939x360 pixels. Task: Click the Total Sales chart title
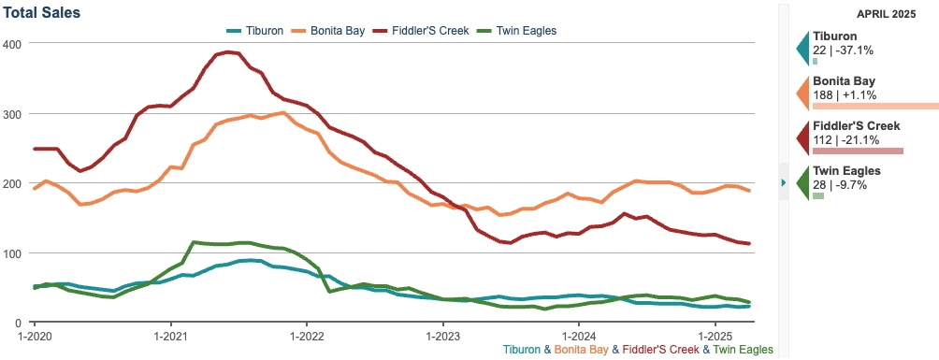click(x=42, y=13)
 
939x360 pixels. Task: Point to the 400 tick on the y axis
click(x=13, y=44)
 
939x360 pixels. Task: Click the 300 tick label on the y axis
click(x=13, y=114)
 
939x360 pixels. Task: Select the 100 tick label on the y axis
click(x=13, y=253)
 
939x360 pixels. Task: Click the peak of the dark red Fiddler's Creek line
click(x=224, y=53)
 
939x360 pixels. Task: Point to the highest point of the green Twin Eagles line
click(x=194, y=242)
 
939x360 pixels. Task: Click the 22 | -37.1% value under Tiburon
click(x=843, y=50)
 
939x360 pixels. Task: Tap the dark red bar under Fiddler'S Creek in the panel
click(x=858, y=151)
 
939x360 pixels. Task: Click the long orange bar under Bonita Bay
click(x=874, y=106)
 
